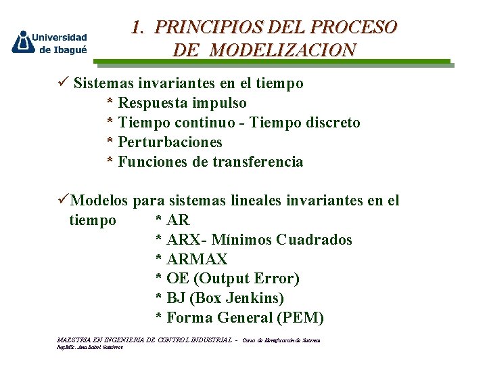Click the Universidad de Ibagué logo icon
coord(24,42)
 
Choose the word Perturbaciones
coord(170,142)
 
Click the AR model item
coord(178,220)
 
